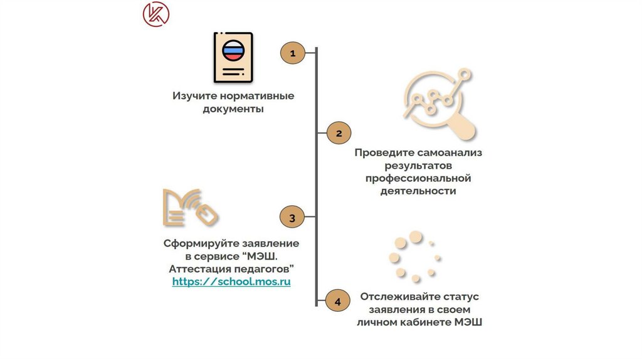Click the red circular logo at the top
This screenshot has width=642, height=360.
pyautogui.click(x=155, y=14)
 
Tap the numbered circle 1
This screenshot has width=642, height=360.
pyautogui.click(x=292, y=53)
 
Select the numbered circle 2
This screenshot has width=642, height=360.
pyautogui.click(x=339, y=133)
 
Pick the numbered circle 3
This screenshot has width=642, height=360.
pyautogui.click(x=292, y=218)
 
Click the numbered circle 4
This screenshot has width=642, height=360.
pyautogui.click(x=338, y=302)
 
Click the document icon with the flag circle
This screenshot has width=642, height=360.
pyautogui.click(x=233, y=58)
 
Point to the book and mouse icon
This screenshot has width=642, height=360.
pyautogui.click(x=190, y=207)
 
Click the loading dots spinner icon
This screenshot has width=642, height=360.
pyautogui.click(x=414, y=256)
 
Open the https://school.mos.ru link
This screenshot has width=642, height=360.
pyautogui.click(x=231, y=282)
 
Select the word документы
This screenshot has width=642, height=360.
pyautogui.click(x=233, y=109)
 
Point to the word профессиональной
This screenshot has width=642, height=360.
pyautogui.click(x=418, y=179)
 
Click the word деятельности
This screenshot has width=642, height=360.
pyautogui.click(x=418, y=191)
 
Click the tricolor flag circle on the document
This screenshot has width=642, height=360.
pyautogui.click(x=233, y=50)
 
